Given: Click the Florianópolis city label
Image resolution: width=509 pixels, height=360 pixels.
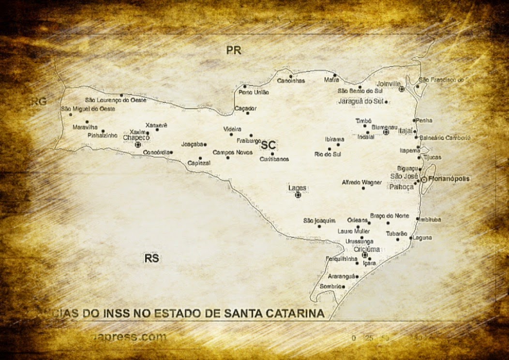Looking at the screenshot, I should coord(449,179).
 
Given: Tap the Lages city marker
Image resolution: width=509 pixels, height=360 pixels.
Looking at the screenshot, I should coord(298,195).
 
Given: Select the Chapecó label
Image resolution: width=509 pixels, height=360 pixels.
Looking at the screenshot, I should coord(136,138).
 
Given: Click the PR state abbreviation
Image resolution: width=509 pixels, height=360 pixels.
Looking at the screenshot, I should coord(234,50).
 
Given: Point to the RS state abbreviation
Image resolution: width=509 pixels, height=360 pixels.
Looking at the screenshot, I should coord(151,258).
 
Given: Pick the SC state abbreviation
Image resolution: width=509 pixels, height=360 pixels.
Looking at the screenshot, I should coord(268,145).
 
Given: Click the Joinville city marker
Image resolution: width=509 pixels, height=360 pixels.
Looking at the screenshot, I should coord(402,89).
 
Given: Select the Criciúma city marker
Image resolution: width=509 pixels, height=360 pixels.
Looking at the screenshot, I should coord(365,255).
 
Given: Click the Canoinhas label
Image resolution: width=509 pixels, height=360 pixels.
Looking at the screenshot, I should coord(291,81).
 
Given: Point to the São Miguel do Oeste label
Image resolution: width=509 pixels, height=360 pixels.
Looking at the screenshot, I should coord(88,109).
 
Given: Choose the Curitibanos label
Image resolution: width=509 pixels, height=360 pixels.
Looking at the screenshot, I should coord(274,159).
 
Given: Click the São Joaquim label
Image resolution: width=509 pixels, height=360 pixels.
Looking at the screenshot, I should coord(319,221).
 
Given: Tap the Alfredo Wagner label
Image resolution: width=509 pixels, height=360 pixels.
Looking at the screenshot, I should coord(362,182).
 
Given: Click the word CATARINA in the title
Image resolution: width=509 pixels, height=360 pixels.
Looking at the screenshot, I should coord(293,314).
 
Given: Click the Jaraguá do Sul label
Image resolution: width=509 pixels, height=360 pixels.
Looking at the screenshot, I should coord(360,101).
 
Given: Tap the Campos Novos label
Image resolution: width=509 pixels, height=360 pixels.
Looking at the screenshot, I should coord(232,152).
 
